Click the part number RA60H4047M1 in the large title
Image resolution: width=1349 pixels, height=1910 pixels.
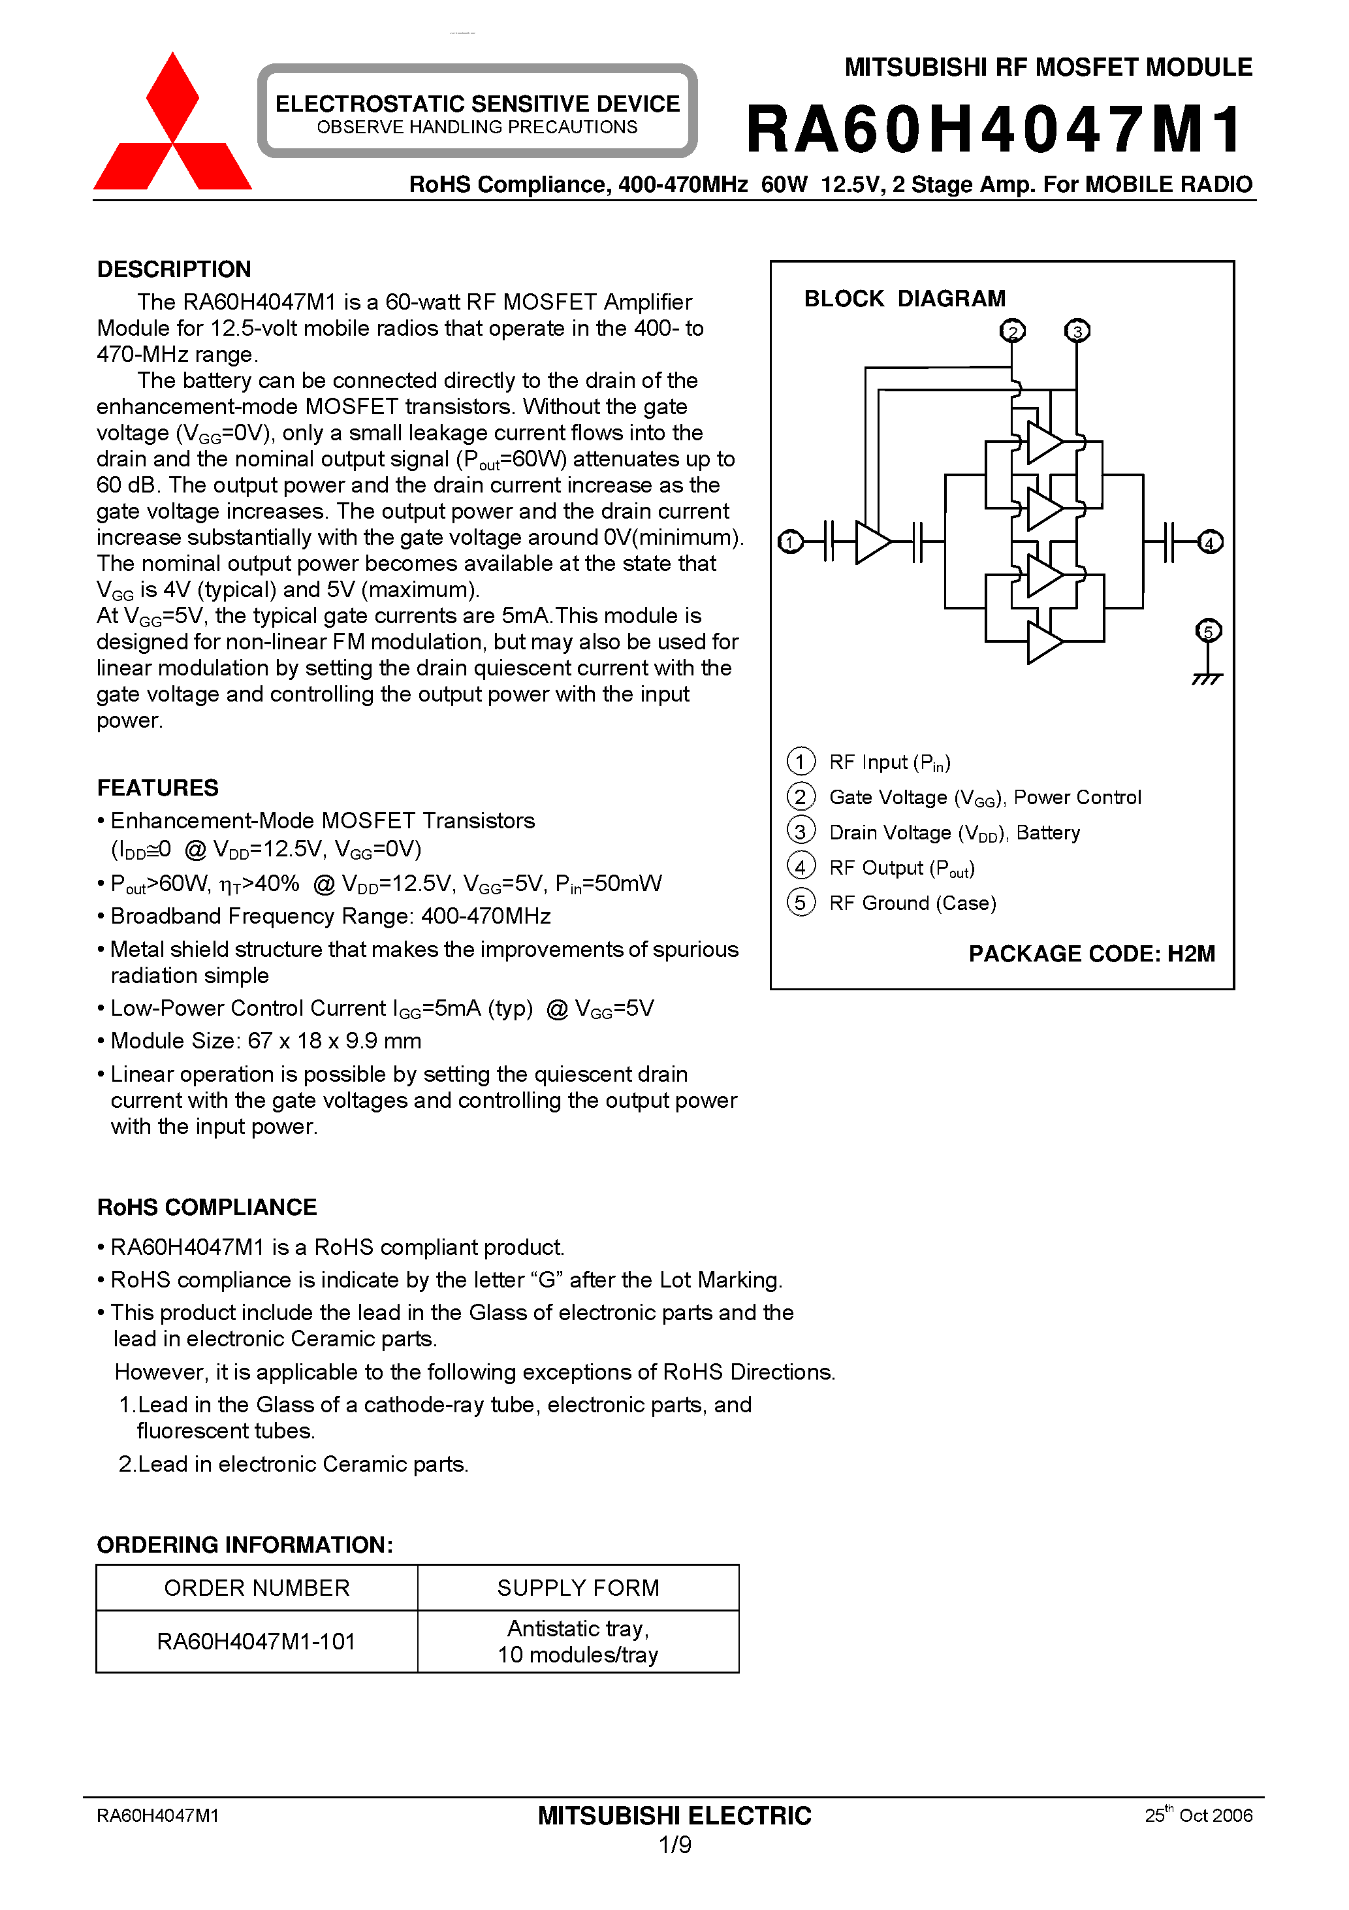[994, 130]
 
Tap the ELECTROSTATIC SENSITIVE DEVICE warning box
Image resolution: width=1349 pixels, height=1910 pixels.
[477, 112]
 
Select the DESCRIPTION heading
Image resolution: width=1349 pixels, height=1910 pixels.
[174, 270]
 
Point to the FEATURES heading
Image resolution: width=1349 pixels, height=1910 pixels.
[158, 788]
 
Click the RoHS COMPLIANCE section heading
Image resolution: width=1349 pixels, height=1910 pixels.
[207, 1207]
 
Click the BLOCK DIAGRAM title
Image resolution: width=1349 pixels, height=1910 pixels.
[904, 299]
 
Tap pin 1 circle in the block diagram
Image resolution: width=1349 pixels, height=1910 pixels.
[790, 542]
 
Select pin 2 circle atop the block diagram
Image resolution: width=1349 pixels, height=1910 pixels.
[1012, 331]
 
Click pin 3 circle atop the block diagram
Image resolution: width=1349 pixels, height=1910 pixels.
[1077, 331]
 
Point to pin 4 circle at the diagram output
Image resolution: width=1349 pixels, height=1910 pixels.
[1210, 542]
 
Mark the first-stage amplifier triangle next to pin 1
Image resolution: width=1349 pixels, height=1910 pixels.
[872, 542]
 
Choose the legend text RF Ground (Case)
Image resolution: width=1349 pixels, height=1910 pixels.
[912, 903]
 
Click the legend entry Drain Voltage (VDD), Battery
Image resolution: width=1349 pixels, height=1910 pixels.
[954, 833]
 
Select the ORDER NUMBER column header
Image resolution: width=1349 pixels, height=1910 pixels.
[257, 1588]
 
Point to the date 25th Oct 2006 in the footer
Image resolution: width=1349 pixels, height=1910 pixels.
[1198, 1815]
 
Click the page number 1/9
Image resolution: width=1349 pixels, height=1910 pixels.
[674, 1845]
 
